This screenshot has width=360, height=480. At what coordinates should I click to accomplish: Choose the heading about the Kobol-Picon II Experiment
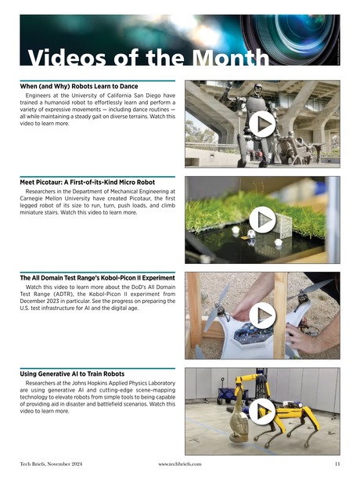pos(97,278)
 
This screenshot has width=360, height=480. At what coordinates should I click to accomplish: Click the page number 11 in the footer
pos(337,464)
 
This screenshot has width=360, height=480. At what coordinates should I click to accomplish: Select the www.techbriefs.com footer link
pos(180,464)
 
